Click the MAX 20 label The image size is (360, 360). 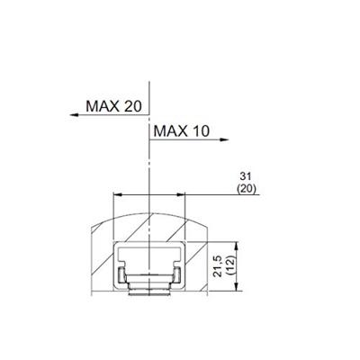114,106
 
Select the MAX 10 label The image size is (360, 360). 181,131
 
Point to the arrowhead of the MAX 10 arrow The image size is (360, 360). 227,139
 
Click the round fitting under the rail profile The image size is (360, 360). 148,289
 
